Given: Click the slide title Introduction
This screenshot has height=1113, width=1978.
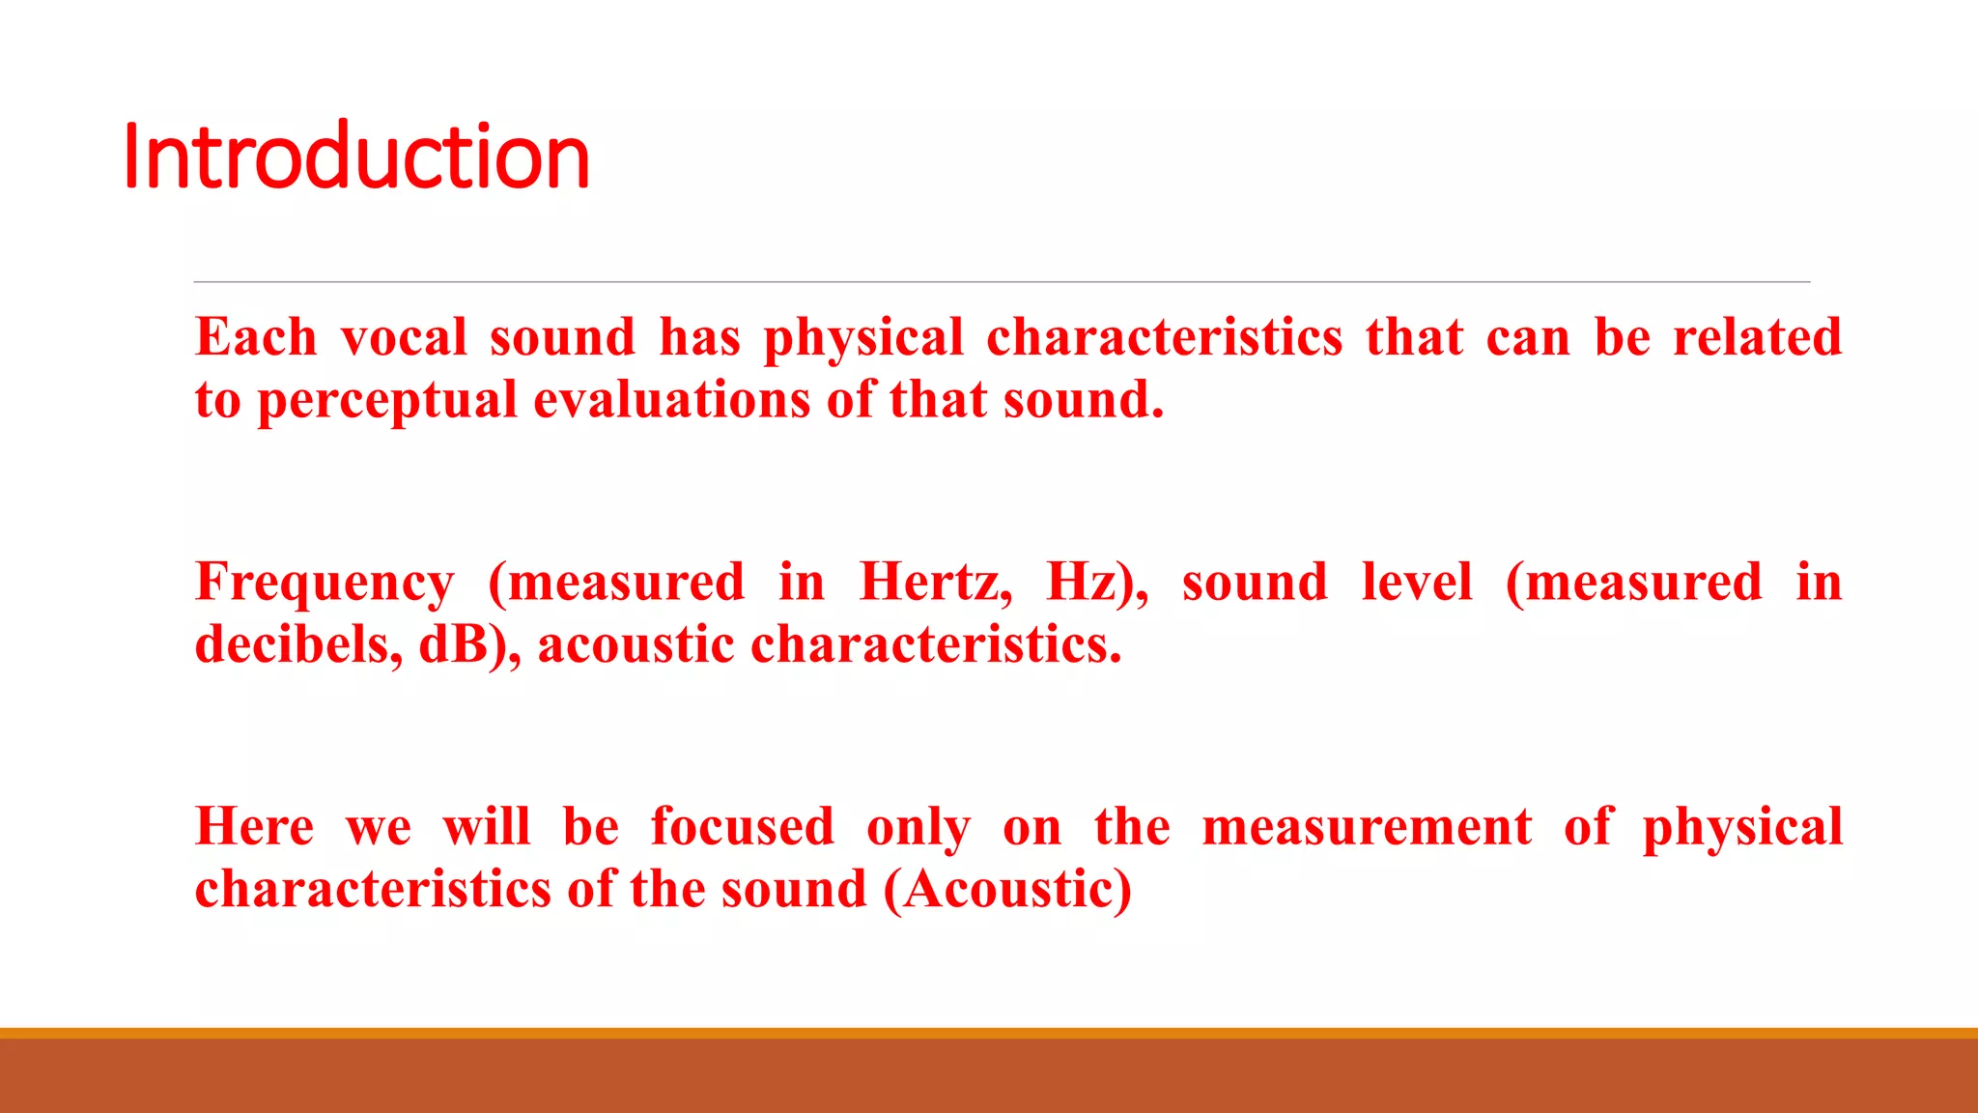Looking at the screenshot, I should [356, 157].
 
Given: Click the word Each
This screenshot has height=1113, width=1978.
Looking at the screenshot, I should [256, 338].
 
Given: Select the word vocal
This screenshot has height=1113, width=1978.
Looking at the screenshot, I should [404, 338].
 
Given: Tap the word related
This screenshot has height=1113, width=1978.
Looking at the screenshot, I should [1757, 338].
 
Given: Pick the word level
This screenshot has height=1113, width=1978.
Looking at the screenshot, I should [1417, 583].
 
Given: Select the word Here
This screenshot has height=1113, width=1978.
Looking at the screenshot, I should [255, 827].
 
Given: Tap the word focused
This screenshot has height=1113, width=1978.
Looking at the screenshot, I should [742, 827].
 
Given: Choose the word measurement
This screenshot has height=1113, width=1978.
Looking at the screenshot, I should [1367, 827].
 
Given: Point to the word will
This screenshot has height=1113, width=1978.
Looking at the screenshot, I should [487, 827].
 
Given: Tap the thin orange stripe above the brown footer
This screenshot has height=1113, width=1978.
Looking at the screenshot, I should [989, 1033].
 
